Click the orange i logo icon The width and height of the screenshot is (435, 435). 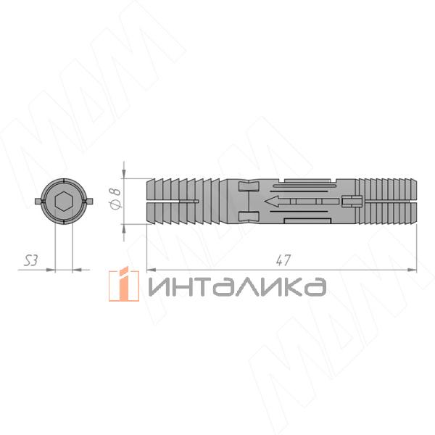click(124, 284)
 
